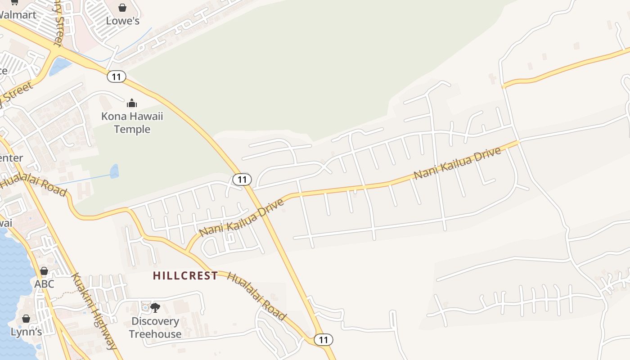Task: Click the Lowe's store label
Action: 123,21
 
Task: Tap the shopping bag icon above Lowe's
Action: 122,8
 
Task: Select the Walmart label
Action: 17,14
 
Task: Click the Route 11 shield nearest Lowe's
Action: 116,76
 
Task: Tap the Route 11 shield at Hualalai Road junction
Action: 323,339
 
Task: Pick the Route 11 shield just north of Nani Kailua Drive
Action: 242,180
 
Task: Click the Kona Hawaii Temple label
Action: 132,123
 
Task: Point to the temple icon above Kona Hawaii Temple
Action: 131,103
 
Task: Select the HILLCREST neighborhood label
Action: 185,275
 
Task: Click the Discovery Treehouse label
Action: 155,328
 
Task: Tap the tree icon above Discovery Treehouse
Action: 155,308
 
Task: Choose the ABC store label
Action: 44,284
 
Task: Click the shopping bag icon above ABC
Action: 44,271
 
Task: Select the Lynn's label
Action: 27,332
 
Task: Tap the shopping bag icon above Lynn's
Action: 26,319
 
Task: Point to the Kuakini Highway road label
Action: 94,310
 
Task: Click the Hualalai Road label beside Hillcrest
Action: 256,296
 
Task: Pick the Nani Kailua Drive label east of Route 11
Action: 457,163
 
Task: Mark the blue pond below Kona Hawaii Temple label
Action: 115,171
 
